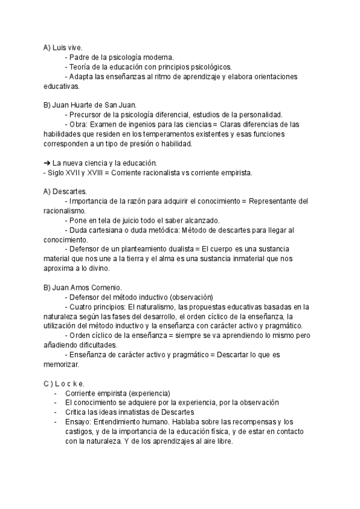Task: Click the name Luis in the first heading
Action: pos(59,47)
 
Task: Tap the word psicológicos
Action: pos(211,67)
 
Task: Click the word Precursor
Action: pos(88,115)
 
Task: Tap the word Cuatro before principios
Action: pos(83,307)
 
